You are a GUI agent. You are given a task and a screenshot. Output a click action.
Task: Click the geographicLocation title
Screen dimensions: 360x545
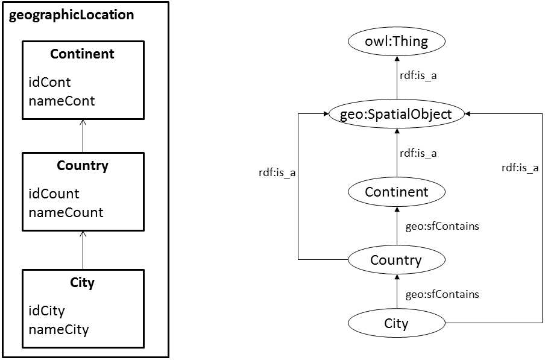pos(72,15)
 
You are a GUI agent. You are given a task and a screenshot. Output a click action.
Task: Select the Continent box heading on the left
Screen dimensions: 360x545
pos(82,54)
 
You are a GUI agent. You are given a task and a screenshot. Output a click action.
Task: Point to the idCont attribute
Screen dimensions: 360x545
pos(49,82)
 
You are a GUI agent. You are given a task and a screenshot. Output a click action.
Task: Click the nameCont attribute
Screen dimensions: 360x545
pos(61,101)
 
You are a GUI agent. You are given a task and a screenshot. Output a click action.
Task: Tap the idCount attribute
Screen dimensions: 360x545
pos(54,194)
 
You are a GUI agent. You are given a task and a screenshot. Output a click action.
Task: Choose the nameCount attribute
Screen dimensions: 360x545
pos(66,212)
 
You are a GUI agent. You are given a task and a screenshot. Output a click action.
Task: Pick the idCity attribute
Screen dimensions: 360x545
pos(46,311)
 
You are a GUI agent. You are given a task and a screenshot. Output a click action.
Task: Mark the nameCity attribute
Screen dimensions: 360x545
pos(58,329)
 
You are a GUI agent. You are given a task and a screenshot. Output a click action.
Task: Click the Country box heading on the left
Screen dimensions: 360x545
pos(82,166)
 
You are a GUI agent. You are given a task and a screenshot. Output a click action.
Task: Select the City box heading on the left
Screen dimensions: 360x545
pos(82,282)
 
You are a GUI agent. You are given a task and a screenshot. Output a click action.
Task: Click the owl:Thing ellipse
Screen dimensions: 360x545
pos(396,42)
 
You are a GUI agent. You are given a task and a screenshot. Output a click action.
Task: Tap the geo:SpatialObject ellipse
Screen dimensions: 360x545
pos(395,114)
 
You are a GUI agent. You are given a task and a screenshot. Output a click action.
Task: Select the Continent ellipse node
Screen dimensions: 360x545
pos(396,192)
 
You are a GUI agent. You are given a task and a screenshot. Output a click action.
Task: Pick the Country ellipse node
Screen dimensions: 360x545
pos(396,260)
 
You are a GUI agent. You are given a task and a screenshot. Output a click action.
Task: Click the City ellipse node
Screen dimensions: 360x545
pos(396,324)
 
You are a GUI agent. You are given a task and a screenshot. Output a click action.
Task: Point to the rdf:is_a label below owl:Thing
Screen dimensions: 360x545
pos(418,76)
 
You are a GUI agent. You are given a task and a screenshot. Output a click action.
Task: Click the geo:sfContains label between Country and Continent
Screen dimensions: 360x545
pos(442,226)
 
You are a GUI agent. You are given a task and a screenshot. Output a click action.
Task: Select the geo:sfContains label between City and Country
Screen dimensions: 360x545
pos(442,294)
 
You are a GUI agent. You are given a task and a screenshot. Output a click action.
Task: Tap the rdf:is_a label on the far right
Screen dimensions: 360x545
pos(520,168)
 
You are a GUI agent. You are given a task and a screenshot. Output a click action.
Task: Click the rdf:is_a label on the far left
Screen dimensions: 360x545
pos(276,174)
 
